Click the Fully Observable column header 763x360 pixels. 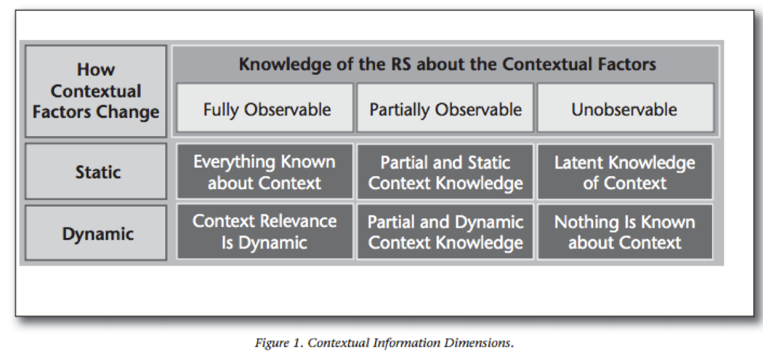coord(265,108)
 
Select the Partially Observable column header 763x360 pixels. coord(445,108)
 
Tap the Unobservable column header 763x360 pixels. coord(626,108)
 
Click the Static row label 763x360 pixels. coord(96,171)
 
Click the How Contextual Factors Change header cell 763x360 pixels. coord(96,92)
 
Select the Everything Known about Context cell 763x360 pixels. coord(265,171)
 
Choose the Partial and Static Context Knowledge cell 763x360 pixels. coord(445,171)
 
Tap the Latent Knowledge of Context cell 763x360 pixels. coord(626,171)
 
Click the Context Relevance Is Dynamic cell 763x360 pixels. coord(265,232)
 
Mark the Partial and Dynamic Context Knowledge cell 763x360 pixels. coord(445,232)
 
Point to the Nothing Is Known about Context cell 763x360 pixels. coord(626,232)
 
